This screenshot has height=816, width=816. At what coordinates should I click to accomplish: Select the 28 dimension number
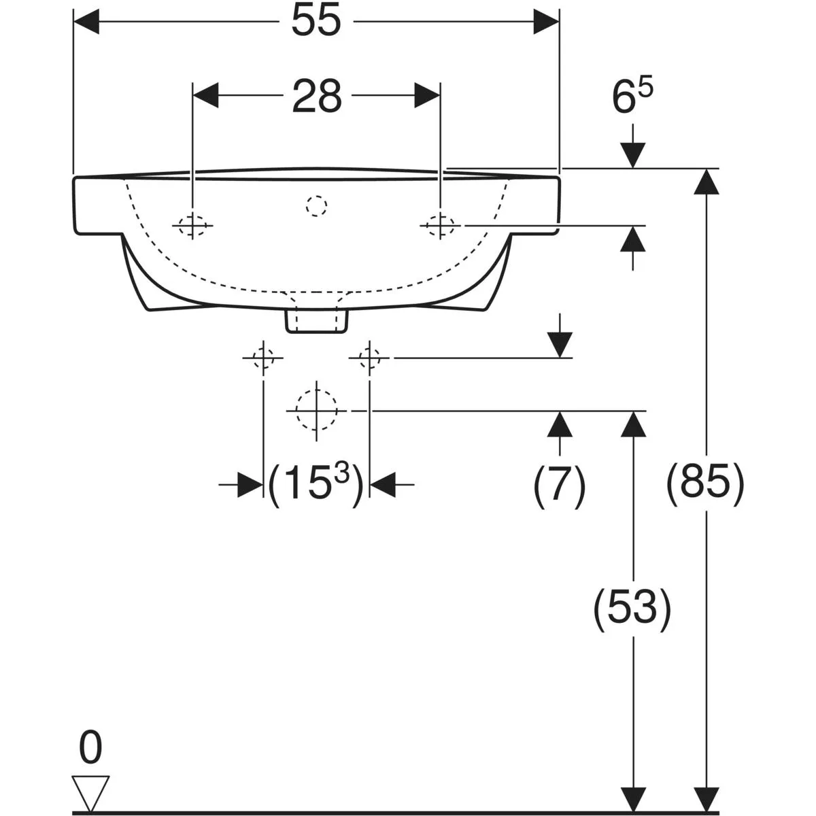point(317,96)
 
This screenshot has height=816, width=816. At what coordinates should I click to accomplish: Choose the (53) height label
point(632,608)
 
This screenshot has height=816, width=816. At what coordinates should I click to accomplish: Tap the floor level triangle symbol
point(90,794)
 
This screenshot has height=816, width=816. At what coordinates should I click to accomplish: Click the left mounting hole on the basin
point(192,226)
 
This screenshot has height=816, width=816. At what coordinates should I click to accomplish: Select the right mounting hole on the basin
point(441,226)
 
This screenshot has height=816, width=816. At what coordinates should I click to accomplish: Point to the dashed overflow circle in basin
point(316,206)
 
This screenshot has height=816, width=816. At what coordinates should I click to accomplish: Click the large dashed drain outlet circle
point(316,410)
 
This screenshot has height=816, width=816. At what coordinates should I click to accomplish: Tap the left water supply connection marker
point(263,358)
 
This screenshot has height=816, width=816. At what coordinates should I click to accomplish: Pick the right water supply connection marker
point(369,358)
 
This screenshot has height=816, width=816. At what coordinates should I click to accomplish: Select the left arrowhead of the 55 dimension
point(86,21)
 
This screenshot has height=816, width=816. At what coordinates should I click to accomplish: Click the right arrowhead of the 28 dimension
point(428,96)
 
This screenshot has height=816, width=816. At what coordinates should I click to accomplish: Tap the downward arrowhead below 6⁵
point(632,156)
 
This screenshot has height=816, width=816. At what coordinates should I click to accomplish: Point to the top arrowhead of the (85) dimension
point(707,182)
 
